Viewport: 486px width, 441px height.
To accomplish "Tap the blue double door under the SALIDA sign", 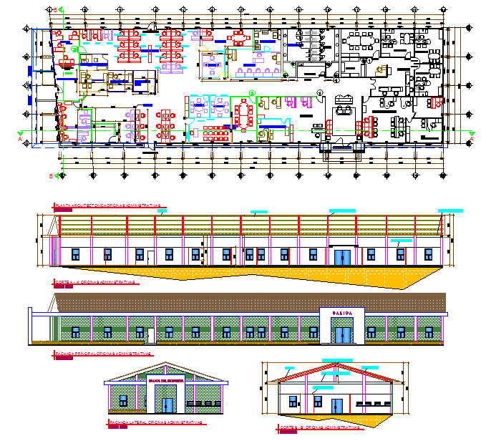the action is [344, 333].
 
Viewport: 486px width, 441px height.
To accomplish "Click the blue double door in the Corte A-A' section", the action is [341, 256].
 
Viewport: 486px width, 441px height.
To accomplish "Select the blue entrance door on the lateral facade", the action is [167, 404].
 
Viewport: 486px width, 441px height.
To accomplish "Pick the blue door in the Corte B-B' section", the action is [337, 404].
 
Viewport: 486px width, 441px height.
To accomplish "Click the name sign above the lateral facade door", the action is [166, 381].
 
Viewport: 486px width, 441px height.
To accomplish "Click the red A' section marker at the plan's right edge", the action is [473, 132].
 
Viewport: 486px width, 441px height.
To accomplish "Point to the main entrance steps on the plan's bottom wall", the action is [336, 149].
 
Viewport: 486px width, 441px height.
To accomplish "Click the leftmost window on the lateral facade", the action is [122, 399].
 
